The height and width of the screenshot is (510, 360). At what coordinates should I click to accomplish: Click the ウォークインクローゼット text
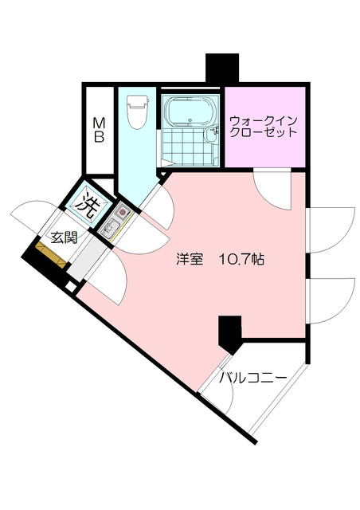[264, 127]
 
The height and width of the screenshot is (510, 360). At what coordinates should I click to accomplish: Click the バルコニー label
[253, 378]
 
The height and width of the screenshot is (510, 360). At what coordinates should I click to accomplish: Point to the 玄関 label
[64, 237]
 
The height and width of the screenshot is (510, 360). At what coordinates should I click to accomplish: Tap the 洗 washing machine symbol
[88, 204]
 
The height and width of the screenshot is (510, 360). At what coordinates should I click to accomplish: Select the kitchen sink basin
[111, 231]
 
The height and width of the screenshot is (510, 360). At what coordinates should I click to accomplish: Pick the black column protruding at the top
[222, 69]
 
